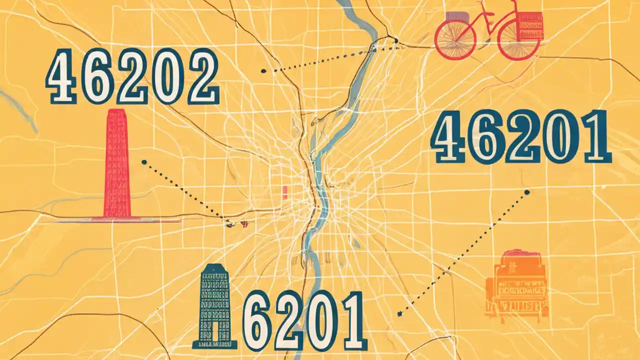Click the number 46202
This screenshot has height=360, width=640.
(132, 77)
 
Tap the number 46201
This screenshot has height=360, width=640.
(520, 137)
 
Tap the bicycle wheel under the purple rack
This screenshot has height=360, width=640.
(455, 40)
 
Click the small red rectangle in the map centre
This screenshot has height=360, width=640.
(284, 192)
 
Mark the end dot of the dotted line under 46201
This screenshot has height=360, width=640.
(527, 191)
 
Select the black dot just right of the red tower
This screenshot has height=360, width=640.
(144, 162)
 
